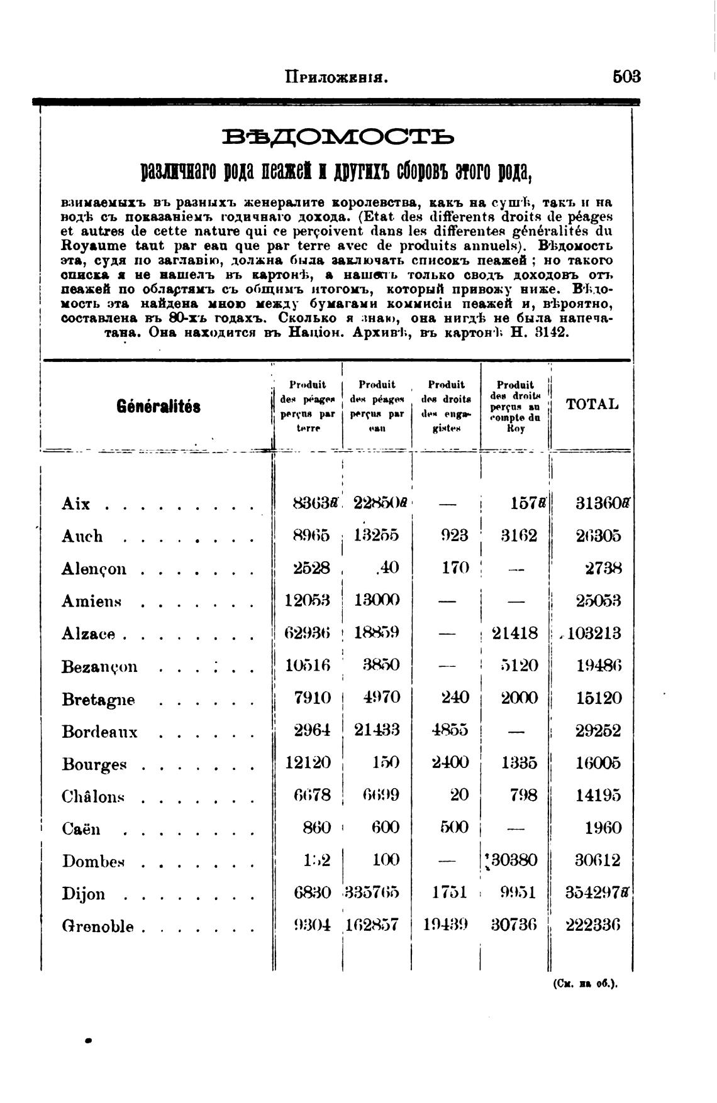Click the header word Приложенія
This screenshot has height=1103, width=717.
pos(335,77)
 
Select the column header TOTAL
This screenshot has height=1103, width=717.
pos(592,404)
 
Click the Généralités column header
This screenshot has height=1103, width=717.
pos(158,407)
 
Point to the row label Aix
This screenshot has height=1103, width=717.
pos(76,504)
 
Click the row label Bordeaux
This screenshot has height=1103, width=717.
pos(99,732)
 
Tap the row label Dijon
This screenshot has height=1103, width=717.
pos(83,894)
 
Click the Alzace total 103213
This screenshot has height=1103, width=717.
pos(594,633)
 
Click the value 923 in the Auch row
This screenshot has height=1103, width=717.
pos(455,536)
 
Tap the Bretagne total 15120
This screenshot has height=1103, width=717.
pos(599,698)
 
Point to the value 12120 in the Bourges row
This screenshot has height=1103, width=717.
pos(308,763)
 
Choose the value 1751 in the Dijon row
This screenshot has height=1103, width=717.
pos(450,892)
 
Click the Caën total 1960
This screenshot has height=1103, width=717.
pos(603,828)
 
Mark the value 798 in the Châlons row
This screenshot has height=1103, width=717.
pos(523,795)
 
